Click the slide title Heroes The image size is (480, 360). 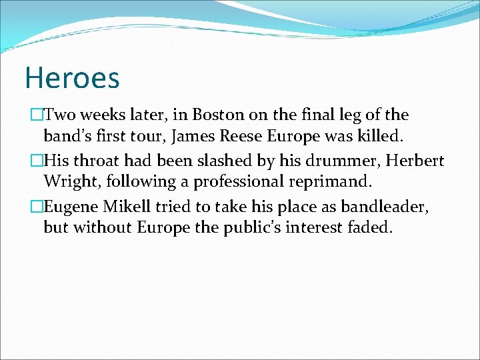(72, 77)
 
